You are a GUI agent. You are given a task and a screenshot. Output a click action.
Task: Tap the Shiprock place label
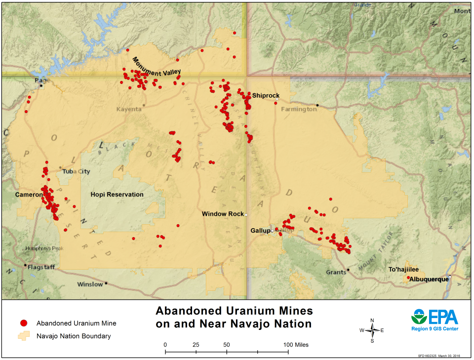tap(266, 95)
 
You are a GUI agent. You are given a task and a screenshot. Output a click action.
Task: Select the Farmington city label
tap(299, 109)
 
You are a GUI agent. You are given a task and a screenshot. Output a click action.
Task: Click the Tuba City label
tap(77, 172)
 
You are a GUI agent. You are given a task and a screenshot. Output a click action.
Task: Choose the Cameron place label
tap(29, 195)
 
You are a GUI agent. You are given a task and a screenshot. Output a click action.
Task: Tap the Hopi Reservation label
tap(117, 195)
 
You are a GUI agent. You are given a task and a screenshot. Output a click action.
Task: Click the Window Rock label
tap(223, 214)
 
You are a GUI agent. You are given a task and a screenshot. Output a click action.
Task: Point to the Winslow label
tap(90, 284)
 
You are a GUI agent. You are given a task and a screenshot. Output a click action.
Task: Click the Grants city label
tap(336, 272)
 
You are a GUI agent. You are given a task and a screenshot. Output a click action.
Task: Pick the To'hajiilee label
tap(403, 270)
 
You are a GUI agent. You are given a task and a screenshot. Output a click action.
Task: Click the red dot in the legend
tap(23, 323)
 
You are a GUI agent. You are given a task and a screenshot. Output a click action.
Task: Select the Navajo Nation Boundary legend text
tap(74, 336)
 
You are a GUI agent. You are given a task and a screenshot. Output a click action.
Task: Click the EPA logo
tap(434, 319)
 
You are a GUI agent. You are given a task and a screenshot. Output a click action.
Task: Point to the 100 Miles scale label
tap(295, 345)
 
